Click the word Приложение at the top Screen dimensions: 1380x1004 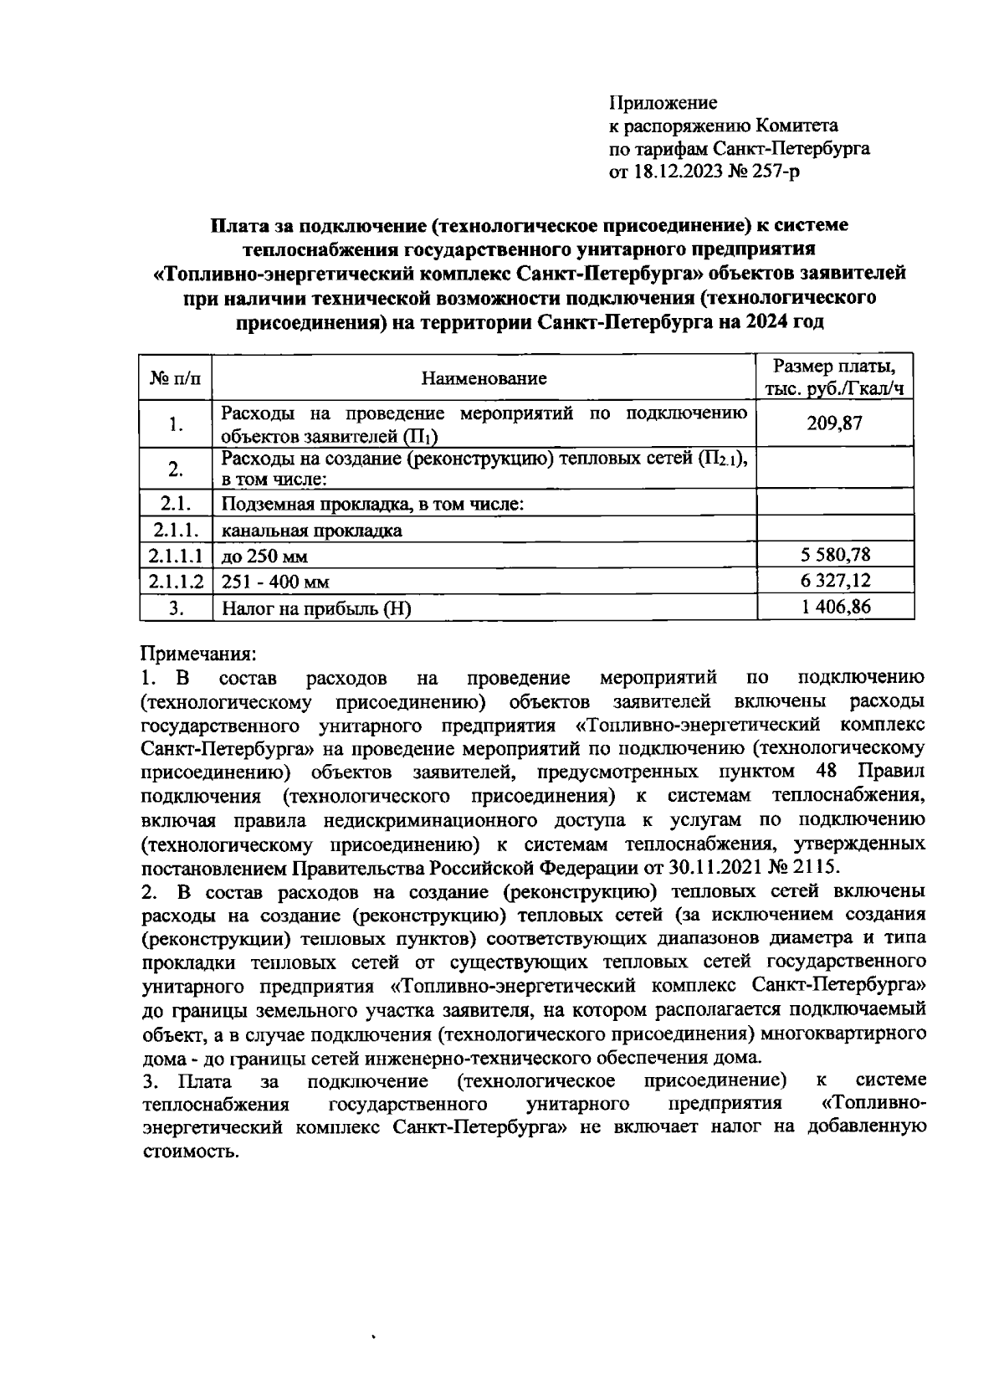click(663, 103)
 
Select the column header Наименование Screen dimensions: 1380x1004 click(484, 378)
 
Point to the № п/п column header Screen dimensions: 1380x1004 click(175, 378)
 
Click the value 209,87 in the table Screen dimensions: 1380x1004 click(834, 423)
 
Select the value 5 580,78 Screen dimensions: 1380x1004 click(834, 554)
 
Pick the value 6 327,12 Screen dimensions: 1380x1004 click(834, 580)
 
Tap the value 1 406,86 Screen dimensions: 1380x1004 click(834, 606)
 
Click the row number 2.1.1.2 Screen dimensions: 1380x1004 click(176, 581)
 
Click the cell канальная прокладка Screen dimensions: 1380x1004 click(311, 531)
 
